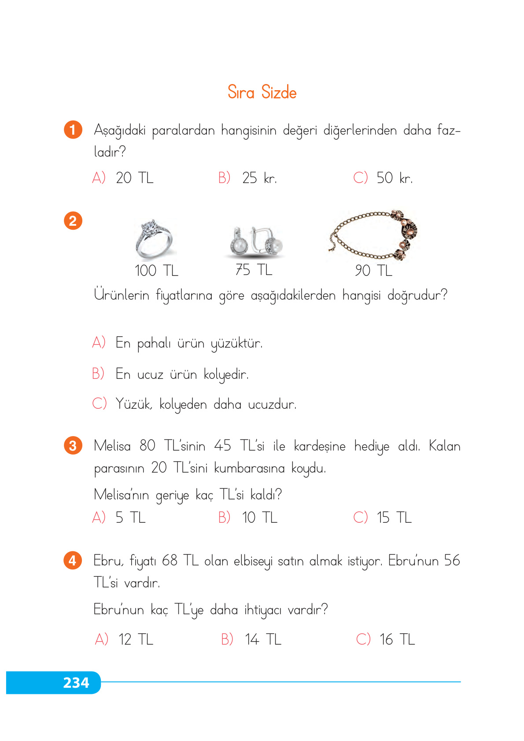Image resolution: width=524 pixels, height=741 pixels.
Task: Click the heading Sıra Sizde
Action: pos(262,92)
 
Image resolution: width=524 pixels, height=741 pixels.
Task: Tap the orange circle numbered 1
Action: pos(73,130)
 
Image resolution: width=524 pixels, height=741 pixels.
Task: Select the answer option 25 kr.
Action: pos(259,178)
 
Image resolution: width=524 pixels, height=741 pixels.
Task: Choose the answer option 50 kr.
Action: pos(394,178)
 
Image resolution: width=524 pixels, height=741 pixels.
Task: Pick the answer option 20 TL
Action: pos(134,178)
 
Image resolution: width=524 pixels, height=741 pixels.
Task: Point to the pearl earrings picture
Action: pos(255,241)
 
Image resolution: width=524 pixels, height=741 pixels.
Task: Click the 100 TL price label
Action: pos(156,271)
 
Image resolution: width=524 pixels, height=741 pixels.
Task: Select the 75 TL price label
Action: pos(254,270)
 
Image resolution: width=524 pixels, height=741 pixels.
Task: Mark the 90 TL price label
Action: pos(373,271)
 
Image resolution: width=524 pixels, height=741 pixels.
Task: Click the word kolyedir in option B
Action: pos(226,374)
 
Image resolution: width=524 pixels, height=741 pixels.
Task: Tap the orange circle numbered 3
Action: pos(73,446)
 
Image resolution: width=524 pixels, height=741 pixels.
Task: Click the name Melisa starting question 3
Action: pos(112,446)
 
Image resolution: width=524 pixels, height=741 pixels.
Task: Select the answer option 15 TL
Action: pos(394,517)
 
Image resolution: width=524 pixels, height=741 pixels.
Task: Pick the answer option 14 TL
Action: pos(263,639)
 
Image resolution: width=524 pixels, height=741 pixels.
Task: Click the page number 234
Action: pos(76,682)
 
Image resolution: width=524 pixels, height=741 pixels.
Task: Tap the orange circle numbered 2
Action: pos(73,220)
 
